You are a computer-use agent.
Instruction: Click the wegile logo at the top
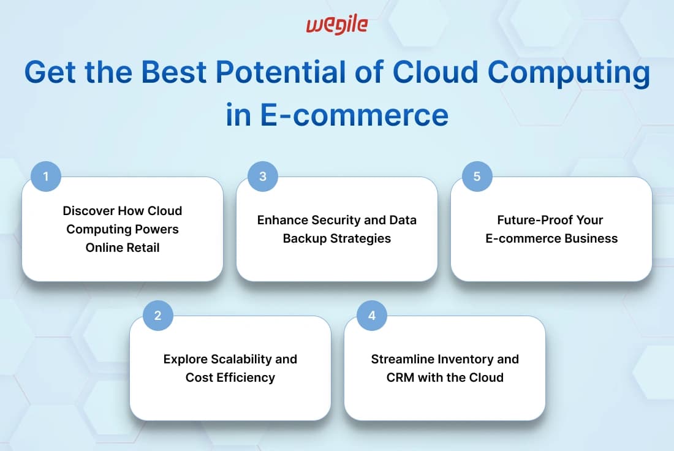pyautogui.click(x=336, y=25)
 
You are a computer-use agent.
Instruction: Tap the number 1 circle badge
pyautogui.click(x=46, y=176)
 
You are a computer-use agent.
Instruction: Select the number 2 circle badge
pyautogui.click(x=157, y=315)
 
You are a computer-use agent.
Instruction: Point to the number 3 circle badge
pyautogui.click(x=263, y=176)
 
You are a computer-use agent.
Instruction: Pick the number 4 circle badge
pyautogui.click(x=372, y=315)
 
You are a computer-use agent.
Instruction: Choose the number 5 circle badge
pyautogui.click(x=477, y=176)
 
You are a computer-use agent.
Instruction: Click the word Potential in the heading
pyautogui.click(x=281, y=72)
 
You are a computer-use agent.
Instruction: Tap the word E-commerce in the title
pyautogui.click(x=354, y=115)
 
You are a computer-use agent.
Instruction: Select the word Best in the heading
pyautogui.click(x=174, y=72)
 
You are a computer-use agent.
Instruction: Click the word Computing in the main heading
pyautogui.click(x=568, y=73)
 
